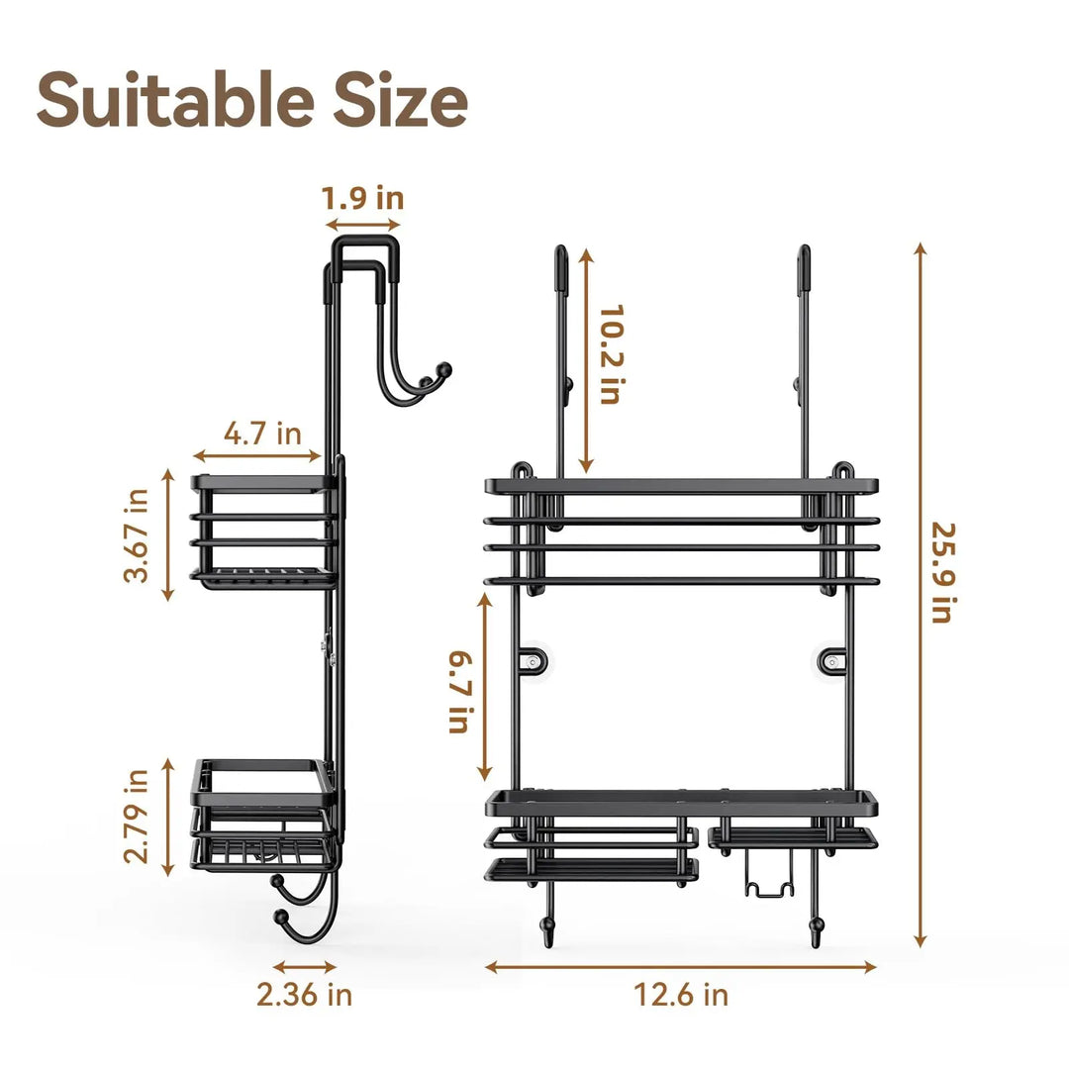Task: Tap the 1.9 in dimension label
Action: pyautogui.click(x=362, y=198)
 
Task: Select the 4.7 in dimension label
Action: pyautogui.click(x=261, y=434)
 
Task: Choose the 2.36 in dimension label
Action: pyautogui.click(x=304, y=994)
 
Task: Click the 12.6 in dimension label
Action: pyautogui.click(x=681, y=994)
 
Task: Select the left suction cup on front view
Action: pyautogui.click(x=534, y=660)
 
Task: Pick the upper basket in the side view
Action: pyautogui.click(x=262, y=532)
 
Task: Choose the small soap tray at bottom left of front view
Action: pyautogui.click(x=591, y=868)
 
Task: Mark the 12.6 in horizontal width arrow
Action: pyautogui.click(x=681, y=966)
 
